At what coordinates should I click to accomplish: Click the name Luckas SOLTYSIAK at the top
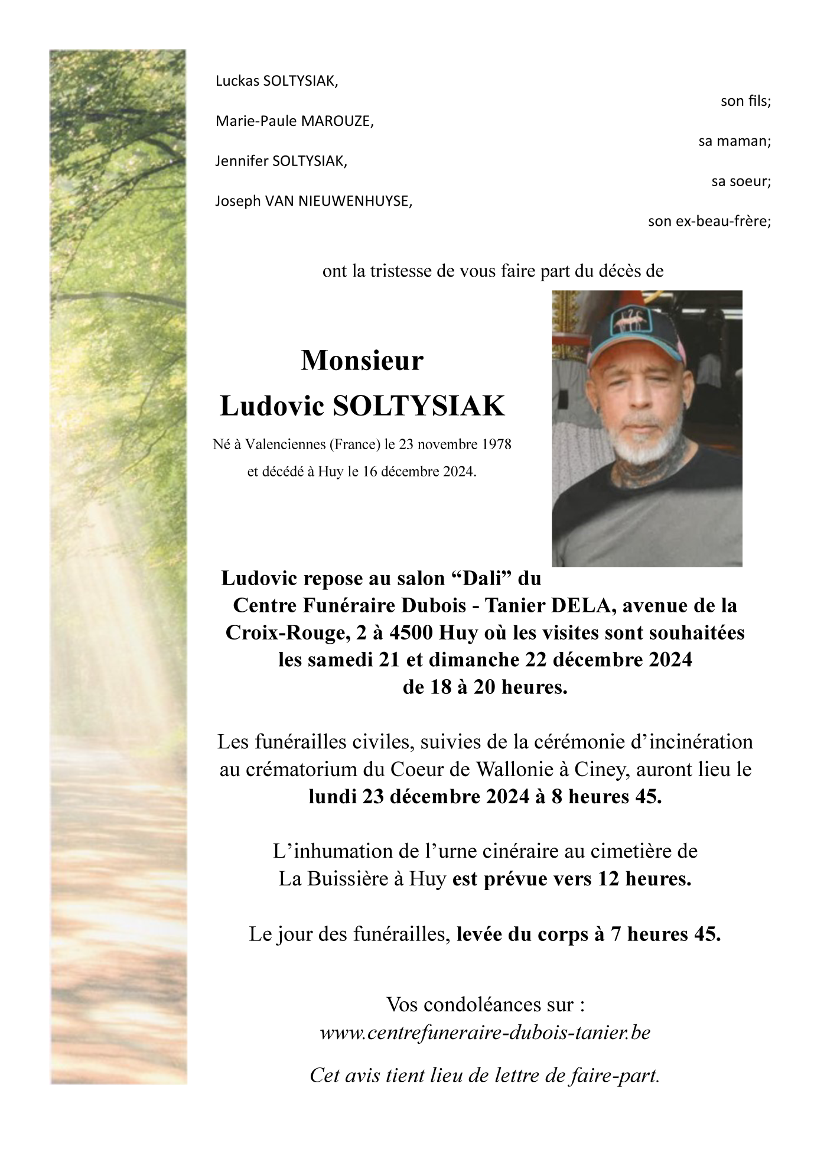[x=276, y=82]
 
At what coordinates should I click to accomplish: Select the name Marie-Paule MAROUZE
[x=294, y=122]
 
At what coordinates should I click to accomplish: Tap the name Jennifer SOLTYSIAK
[x=281, y=161]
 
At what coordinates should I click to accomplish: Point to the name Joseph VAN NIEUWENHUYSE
[x=314, y=201]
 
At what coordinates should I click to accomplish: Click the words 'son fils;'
[x=745, y=101]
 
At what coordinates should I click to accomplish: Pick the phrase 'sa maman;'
[x=734, y=141]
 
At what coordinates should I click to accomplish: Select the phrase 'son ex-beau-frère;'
[x=709, y=222]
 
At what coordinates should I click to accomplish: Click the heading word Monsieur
[x=362, y=361]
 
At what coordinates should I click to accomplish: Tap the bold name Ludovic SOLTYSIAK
[x=362, y=406]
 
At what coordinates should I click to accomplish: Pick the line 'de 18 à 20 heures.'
[x=484, y=687]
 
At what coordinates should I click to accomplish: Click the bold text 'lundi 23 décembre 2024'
[x=419, y=797]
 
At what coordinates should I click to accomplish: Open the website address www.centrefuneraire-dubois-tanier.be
[x=484, y=1033]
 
